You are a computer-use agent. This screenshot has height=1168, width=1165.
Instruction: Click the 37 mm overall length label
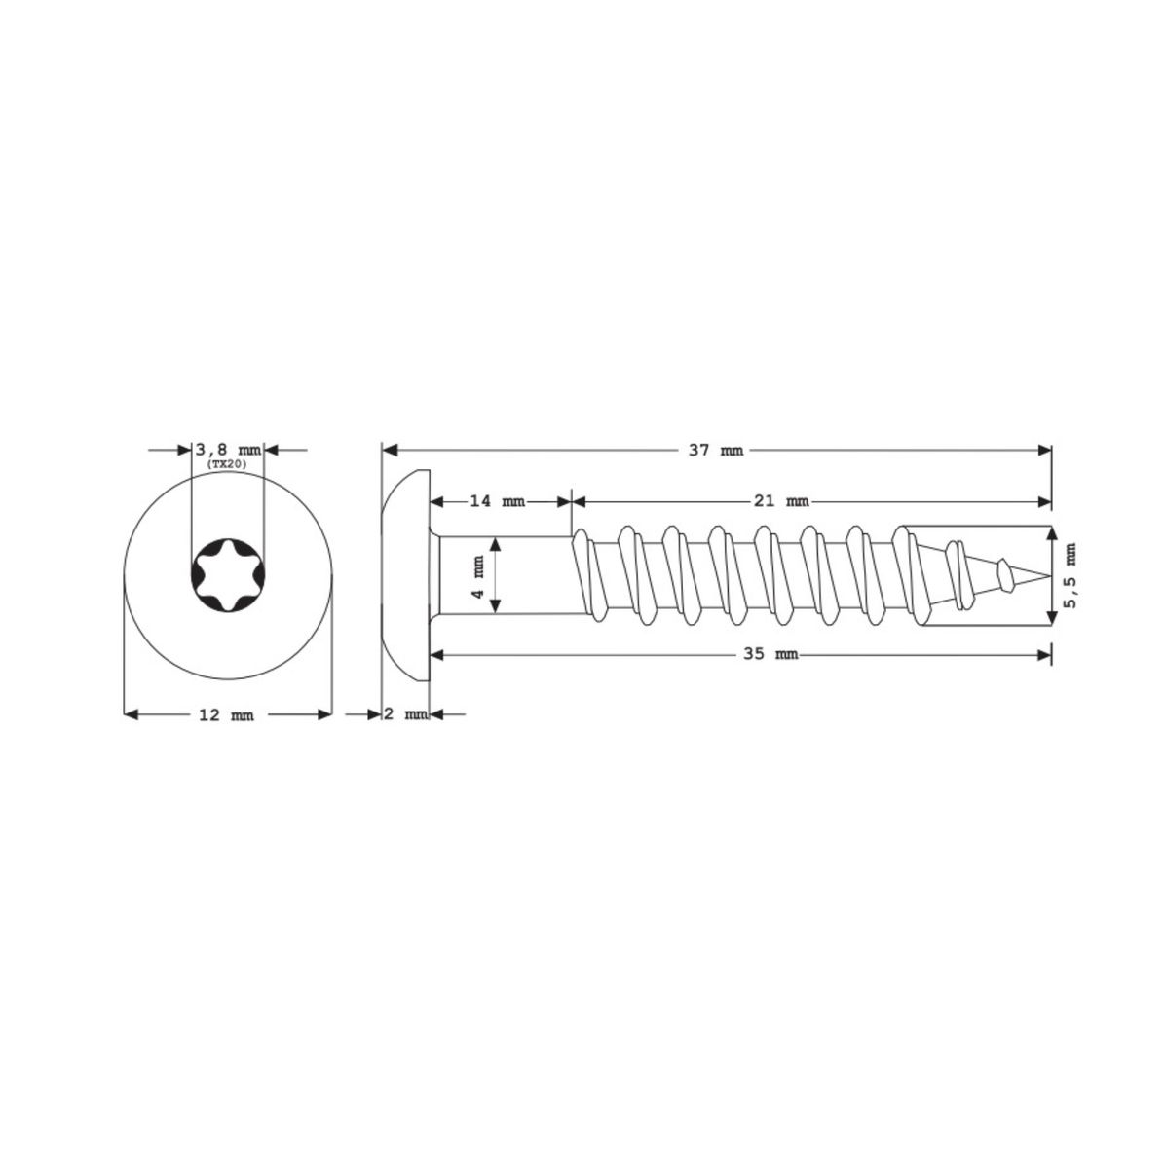click(x=715, y=451)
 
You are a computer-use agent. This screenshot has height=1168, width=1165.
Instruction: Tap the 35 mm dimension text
click(x=770, y=655)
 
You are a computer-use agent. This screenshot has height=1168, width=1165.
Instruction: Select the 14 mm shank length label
click(x=497, y=501)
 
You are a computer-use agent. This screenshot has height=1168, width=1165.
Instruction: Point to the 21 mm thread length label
click(x=781, y=501)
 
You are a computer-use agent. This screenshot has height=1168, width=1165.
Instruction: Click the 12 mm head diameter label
click(x=226, y=715)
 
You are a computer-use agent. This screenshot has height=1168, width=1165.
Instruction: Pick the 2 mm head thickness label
click(x=406, y=715)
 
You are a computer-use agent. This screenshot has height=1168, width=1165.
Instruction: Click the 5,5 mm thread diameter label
click(x=1071, y=575)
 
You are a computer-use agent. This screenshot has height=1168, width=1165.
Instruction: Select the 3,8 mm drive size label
click(x=228, y=450)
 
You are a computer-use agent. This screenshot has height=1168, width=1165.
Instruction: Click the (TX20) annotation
click(x=228, y=463)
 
